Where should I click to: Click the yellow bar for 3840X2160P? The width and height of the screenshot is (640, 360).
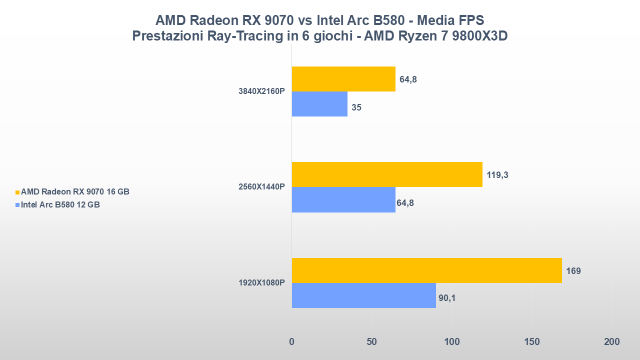343,79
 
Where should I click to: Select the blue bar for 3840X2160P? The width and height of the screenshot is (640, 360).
319,104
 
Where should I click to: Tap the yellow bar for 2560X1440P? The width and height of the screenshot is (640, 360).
387,174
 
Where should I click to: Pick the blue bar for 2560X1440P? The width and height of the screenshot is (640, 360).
343,199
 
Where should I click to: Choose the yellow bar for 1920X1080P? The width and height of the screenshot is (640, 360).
426,270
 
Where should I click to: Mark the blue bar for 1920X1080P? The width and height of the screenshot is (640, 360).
363,295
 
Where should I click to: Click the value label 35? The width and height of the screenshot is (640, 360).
356,107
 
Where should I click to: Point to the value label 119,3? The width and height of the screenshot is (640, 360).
498,175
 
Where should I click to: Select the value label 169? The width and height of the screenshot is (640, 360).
573,271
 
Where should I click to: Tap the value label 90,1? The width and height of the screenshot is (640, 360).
447,298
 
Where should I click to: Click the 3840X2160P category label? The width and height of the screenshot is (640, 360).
261,91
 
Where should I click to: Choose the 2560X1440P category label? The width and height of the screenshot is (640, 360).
261,187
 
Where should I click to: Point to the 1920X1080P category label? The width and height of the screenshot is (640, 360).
261,283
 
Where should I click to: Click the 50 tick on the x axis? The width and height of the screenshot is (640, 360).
371,342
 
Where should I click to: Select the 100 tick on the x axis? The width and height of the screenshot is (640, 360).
451,342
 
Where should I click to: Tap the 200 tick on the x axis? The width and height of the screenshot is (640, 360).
611,342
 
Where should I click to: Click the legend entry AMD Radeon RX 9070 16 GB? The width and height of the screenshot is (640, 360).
75,192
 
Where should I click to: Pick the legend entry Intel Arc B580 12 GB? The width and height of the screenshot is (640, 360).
60,204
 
